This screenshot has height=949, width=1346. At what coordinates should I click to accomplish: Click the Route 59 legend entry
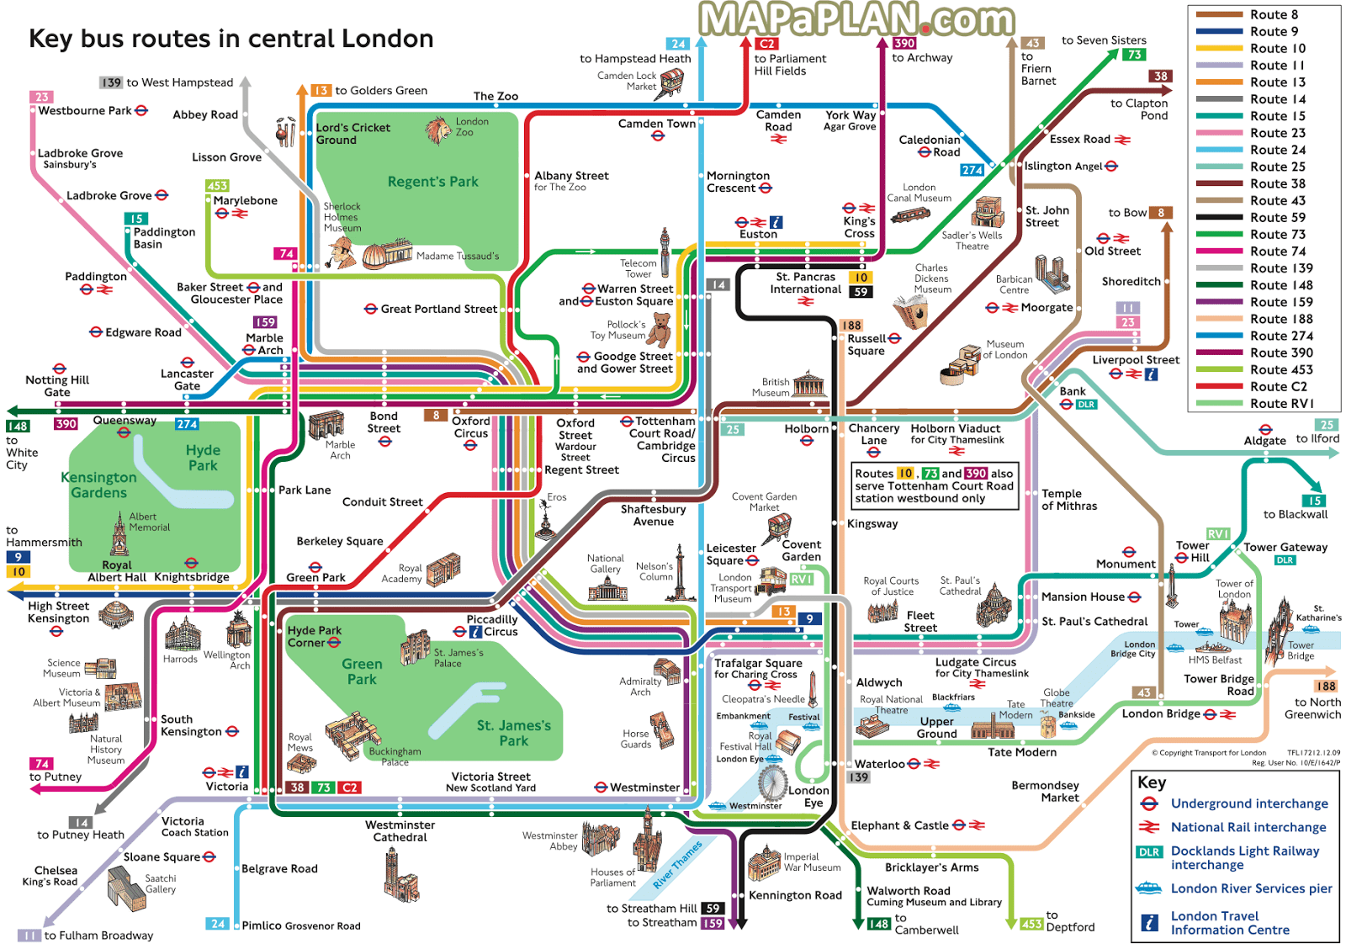[1277, 217]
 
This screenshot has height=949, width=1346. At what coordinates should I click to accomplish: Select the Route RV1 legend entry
[1281, 403]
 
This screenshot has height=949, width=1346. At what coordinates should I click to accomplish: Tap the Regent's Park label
[432, 182]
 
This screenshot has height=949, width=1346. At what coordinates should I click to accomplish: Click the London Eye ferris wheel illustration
[771, 782]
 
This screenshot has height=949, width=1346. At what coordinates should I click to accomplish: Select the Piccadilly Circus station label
[492, 625]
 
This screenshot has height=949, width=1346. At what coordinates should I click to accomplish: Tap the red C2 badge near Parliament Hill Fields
[766, 44]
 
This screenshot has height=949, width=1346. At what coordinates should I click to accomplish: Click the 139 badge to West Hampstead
[111, 82]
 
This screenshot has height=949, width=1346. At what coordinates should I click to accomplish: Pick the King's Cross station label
[859, 227]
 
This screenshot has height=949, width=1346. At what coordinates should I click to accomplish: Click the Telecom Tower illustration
[665, 252]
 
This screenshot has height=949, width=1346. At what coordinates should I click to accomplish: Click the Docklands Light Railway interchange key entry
[1244, 857]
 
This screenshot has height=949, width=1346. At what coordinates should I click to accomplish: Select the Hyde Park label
[203, 458]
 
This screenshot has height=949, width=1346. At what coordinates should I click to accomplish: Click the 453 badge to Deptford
[1031, 924]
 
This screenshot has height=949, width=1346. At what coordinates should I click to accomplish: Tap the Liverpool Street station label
[1136, 360]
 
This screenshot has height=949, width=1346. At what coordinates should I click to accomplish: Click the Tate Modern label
[1021, 752]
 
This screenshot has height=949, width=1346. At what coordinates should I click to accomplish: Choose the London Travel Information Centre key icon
[1149, 922]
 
